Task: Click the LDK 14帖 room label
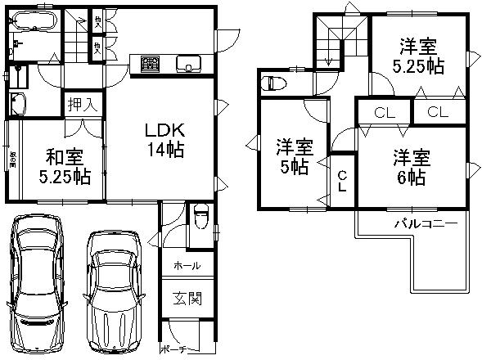pyautogui.click(x=164, y=139)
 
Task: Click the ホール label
pyautogui.click(x=187, y=266)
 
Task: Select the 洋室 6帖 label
pyautogui.click(x=411, y=165)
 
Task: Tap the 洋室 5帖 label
pyautogui.click(x=293, y=158)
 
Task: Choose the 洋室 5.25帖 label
pyautogui.click(x=422, y=56)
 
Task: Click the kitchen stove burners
pyautogui.click(x=152, y=63)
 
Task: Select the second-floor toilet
pyautogui.click(x=273, y=82)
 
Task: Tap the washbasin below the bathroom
pyautogui.click(x=17, y=104)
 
